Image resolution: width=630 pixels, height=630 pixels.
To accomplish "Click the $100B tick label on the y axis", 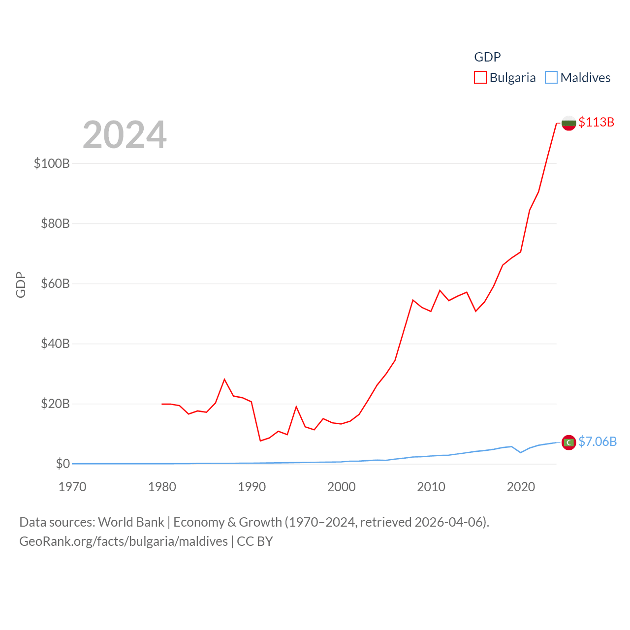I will click(52, 163).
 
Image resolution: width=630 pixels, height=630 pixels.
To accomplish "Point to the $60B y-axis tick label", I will click(55, 283).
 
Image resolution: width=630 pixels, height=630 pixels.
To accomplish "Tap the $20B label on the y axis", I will click(55, 404).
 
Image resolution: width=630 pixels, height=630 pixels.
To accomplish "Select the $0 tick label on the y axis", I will click(63, 464).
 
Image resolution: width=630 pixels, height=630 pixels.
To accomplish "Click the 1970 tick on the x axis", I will click(72, 487).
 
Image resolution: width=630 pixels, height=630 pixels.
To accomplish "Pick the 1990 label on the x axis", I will click(252, 487).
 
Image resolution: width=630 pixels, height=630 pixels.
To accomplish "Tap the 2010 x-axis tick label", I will click(431, 487).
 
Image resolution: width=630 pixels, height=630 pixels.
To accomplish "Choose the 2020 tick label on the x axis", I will click(521, 487).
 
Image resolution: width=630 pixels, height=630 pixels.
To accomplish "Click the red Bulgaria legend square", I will click(480, 78).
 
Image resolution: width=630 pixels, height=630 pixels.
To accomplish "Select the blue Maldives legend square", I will click(551, 78).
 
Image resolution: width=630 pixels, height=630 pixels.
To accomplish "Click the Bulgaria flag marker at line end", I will click(568, 123).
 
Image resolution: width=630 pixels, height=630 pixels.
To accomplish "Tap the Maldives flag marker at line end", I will click(568, 442).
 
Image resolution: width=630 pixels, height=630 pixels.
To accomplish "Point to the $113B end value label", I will click(596, 122).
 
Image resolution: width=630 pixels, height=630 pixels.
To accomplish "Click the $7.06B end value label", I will click(598, 441).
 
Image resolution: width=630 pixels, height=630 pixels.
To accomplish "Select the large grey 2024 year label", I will click(125, 135).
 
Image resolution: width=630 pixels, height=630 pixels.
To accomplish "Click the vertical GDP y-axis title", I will click(21, 284).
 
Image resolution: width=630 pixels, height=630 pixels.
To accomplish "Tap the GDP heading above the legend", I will click(487, 57).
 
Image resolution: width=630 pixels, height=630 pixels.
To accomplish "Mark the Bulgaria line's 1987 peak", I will click(224, 379).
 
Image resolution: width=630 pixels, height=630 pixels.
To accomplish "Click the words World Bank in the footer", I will click(131, 522).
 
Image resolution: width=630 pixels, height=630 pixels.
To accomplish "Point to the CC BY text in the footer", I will click(254, 541).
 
